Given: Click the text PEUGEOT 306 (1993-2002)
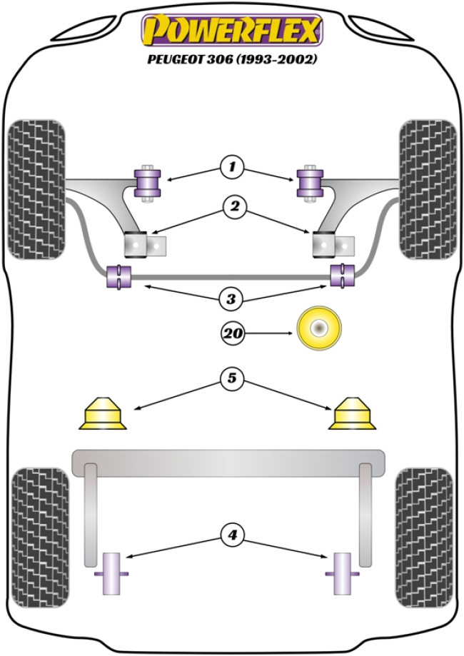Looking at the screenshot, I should click(232, 59).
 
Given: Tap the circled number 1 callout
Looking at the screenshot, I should click(232, 168).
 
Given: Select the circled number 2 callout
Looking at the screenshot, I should click(232, 208).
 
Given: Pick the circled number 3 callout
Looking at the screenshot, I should click(231, 299).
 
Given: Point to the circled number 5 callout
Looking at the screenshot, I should click(232, 380).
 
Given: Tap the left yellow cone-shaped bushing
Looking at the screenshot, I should click(101, 414).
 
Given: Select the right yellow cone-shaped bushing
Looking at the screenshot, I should click(353, 414).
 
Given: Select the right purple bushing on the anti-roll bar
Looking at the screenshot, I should click(343, 276).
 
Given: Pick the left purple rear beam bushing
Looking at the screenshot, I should click(112, 573).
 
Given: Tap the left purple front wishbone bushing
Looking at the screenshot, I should click(149, 182).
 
